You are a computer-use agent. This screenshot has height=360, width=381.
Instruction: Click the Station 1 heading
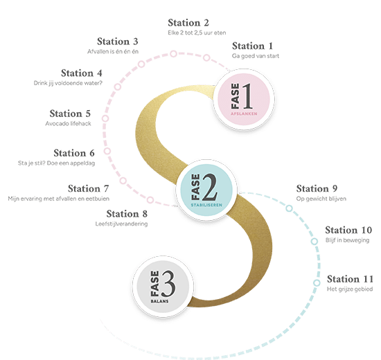coord(252,46)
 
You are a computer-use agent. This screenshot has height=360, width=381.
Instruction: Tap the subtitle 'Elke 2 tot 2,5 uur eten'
coord(197,33)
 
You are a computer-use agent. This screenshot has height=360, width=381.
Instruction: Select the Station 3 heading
coord(118,42)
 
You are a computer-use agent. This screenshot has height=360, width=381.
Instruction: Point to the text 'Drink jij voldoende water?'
coord(68,83)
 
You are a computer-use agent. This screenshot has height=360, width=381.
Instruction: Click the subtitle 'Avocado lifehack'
coord(69,124)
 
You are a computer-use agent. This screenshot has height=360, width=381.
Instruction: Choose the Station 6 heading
coord(74,153)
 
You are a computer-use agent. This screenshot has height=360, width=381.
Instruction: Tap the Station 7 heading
coord(89,188)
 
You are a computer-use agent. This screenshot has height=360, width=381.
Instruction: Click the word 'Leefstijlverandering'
coord(121,224)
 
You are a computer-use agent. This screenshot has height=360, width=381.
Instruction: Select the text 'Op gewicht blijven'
coord(321,199)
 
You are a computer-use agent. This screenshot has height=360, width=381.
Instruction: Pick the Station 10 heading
coord(348,230)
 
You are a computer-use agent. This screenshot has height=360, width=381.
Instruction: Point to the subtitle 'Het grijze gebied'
coord(350,289)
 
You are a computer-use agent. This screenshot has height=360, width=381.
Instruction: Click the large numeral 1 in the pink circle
coord(247,96)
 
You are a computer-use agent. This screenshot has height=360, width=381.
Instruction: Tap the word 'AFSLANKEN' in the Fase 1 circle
coord(244,114)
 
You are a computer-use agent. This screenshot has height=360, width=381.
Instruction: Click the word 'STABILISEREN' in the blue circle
coord(206,205)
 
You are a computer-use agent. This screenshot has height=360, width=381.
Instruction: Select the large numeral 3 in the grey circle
coord(168,284)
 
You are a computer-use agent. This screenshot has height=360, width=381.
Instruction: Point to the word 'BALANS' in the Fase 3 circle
coord(159,301)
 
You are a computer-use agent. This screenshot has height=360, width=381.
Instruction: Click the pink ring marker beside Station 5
coord(105,118)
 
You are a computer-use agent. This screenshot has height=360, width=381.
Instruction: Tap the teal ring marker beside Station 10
coord(314,242)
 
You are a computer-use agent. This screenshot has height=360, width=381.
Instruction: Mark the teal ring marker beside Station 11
coord(317,283)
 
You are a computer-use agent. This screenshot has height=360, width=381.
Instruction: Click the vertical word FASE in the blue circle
coord(195,186)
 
